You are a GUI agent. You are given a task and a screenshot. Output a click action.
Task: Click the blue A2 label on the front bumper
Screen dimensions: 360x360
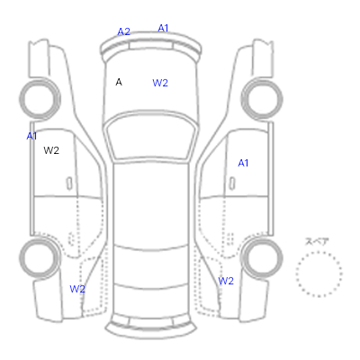(123, 31)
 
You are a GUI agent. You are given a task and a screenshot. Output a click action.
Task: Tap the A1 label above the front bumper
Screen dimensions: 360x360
(163, 28)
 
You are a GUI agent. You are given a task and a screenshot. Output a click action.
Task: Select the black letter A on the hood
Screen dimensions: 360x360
(119, 82)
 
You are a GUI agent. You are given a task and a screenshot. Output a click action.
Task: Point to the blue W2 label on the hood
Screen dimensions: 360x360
(160, 83)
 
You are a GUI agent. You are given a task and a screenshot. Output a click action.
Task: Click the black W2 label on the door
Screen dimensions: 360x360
(51, 150)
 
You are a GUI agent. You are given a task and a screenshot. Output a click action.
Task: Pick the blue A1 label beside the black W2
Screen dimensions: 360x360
(31, 136)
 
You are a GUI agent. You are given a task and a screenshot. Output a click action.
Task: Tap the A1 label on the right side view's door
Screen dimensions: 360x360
(243, 163)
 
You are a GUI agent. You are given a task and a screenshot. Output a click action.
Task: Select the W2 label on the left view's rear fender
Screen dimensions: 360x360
(77, 289)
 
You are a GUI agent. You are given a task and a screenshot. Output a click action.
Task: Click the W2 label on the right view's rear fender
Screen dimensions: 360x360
(226, 281)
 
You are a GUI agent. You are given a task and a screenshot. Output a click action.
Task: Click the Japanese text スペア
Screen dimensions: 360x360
(317, 241)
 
